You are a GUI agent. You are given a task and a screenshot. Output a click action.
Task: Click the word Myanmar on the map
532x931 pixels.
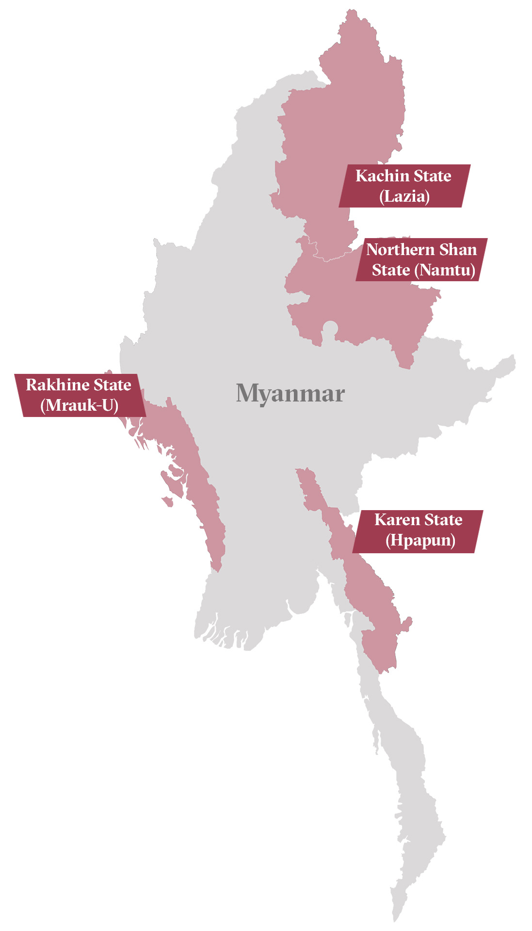290,393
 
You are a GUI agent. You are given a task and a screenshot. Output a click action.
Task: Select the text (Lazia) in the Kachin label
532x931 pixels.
404,197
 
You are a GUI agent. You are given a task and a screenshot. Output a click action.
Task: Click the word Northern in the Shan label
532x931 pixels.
400,250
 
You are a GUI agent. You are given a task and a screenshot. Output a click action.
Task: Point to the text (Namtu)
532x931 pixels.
445,270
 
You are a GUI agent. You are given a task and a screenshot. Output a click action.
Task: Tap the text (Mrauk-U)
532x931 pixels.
80,405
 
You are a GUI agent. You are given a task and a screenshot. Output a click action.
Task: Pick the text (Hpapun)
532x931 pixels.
420,540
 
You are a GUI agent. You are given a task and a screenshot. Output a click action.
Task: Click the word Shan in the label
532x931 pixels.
458,250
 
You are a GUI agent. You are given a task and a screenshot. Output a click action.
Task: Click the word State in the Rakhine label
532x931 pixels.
113,385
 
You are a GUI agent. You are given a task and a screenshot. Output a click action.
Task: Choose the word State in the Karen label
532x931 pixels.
442,520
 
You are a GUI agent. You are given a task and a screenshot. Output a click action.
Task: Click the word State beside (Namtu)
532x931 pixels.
391,270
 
